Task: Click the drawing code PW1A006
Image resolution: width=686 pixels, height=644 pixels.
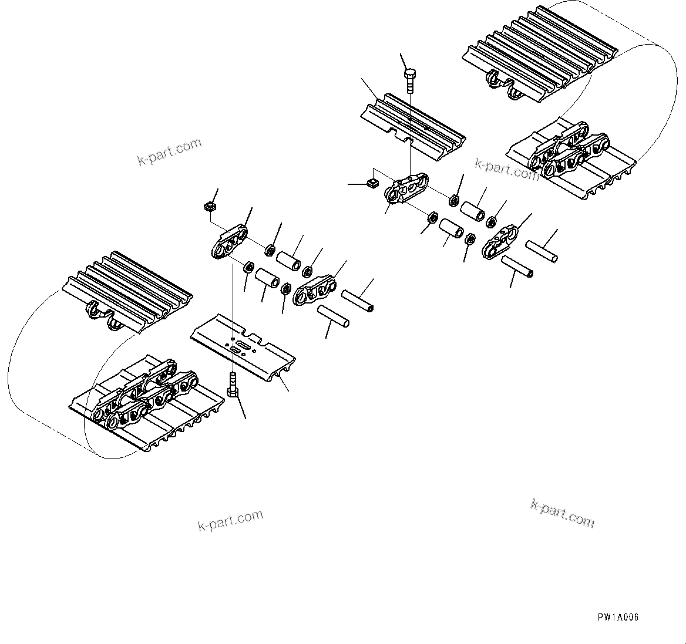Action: [618, 617]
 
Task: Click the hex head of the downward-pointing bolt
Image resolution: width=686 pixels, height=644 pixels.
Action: [410, 74]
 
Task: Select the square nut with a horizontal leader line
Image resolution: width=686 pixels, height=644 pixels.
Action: [371, 184]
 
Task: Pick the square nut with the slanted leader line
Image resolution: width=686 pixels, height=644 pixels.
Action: [209, 207]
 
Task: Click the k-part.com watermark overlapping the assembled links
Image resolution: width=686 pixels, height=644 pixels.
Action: [506, 170]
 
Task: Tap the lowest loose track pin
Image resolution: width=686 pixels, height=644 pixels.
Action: [333, 316]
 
